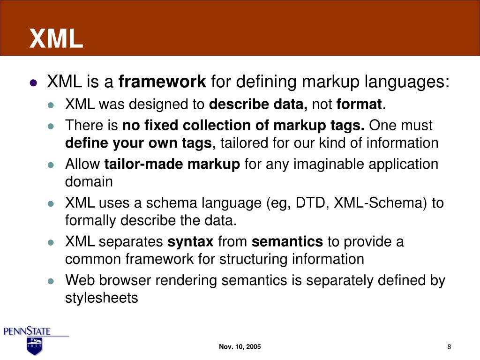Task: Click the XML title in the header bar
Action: click(x=56, y=38)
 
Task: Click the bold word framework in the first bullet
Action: click(x=162, y=82)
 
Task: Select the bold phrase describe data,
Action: click(x=258, y=104)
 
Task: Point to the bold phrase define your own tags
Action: click(x=139, y=143)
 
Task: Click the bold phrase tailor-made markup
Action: click(x=172, y=165)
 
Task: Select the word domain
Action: click(x=89, y=182)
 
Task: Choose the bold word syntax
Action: click(x=191, y=242)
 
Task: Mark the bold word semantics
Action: click(x=287, y=242)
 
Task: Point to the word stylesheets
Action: click(x=102, y=298)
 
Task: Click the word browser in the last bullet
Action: click(x=126, y=281)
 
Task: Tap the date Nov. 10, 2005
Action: click(x=240, y=347)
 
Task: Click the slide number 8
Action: click(x=449, y=347)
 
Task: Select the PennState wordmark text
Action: click(x=27, y=331)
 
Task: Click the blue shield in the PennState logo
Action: click(x=34, y=346)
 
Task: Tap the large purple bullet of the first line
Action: click(x=33, y=83)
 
